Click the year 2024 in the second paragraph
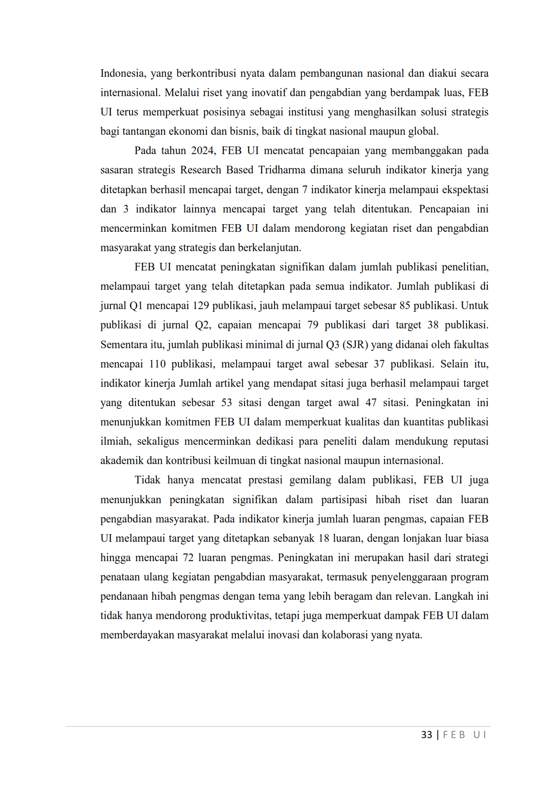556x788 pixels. [x=203, y=151]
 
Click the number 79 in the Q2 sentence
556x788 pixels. [x=313, y=325]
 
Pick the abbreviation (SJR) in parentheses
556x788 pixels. [x=356, y=345]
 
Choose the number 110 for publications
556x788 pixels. [x=158, y=364]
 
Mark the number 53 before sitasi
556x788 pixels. [x=227, y=403]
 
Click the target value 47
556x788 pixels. [x=371, y=403]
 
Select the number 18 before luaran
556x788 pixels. [x=324, y=539]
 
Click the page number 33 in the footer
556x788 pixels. [x=426, y=735]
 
